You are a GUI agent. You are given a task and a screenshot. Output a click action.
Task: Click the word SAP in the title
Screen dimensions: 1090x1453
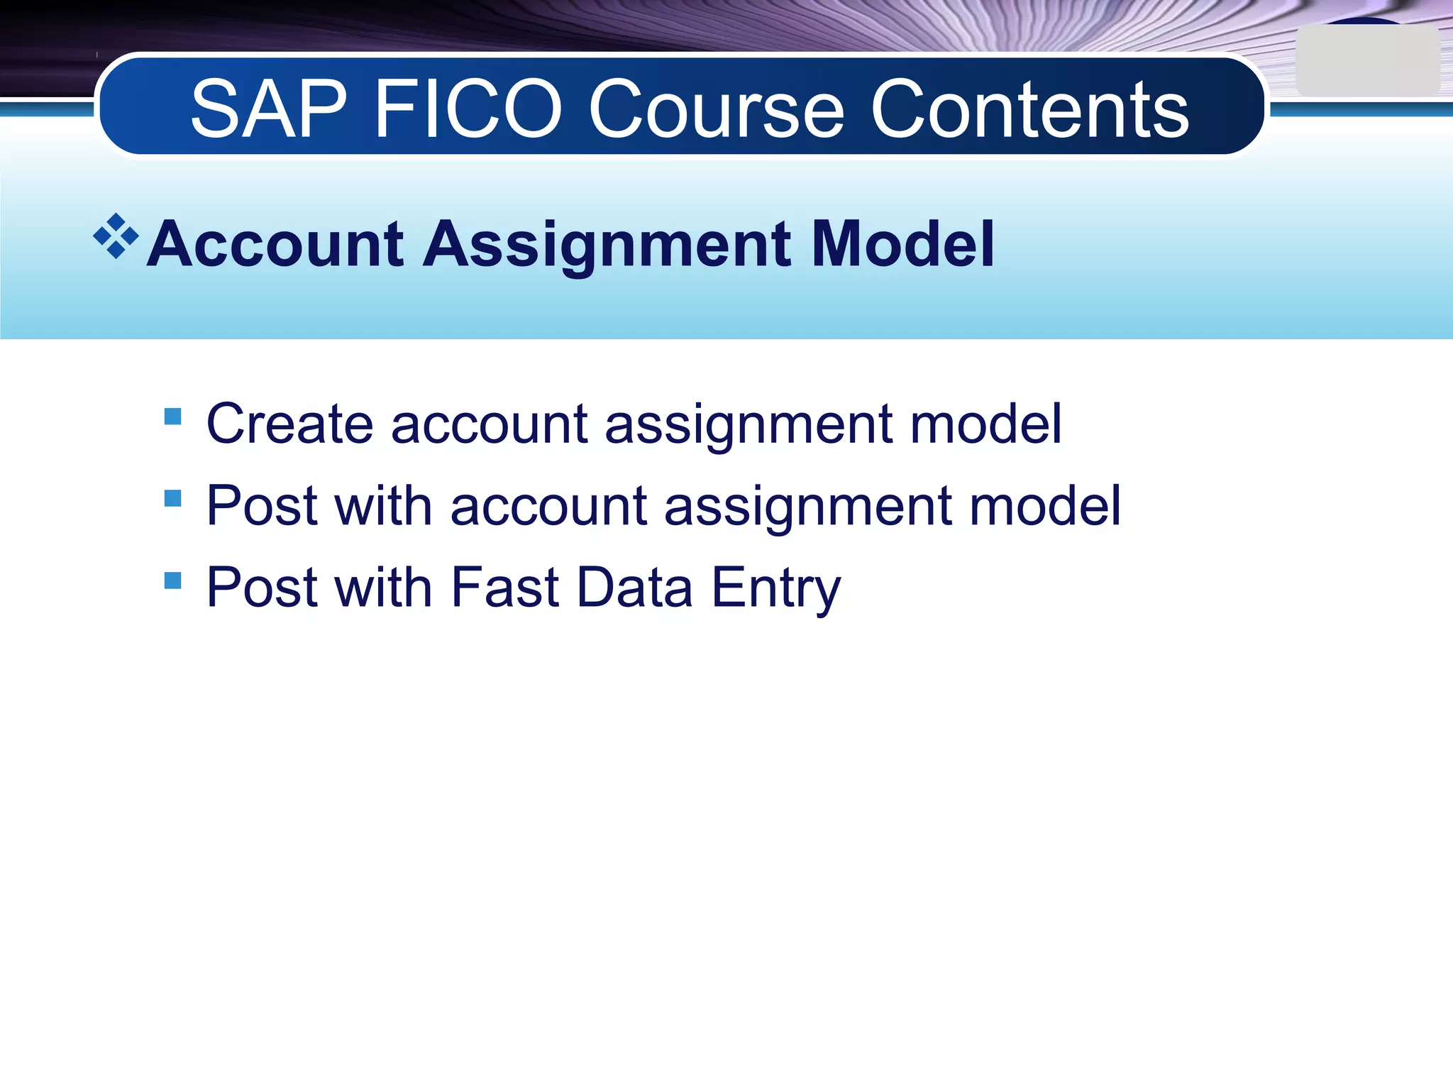[x=268, y=110]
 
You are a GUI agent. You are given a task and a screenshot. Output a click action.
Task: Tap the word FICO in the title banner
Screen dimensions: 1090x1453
[x=468, y=110]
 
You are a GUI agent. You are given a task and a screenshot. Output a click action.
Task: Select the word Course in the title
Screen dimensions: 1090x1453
[x=717, y=110]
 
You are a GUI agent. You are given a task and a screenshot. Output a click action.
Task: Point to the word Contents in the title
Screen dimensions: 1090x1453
[x=1030, y=110]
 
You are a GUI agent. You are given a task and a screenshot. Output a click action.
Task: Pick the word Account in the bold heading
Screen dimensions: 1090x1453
[x=275, y=244]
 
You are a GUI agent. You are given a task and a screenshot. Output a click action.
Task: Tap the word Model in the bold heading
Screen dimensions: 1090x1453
[x=902, y=244]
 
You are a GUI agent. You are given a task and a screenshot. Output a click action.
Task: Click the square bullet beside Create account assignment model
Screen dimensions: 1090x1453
[x=172, y=416]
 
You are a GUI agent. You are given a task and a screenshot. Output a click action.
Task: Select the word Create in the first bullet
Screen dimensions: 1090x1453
[x=289, y=424]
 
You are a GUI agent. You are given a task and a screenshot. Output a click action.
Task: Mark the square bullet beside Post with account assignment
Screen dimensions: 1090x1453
[x=172, y=498]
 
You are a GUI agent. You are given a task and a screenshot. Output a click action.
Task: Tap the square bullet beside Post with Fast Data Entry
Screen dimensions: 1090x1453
[x=172, y=580]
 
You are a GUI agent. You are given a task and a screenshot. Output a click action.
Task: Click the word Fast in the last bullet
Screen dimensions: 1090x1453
[x=505, y=588]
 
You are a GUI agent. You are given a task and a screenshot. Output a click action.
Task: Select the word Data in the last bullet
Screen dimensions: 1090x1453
[x=634, y=588]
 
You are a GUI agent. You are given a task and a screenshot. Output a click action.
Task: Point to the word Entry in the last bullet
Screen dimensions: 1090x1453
[x=775, y=588]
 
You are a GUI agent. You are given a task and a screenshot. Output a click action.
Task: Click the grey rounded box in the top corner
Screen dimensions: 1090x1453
[x=1367, y=61]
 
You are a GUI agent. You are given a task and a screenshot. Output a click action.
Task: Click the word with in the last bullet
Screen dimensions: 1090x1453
[x=383, y=588]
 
